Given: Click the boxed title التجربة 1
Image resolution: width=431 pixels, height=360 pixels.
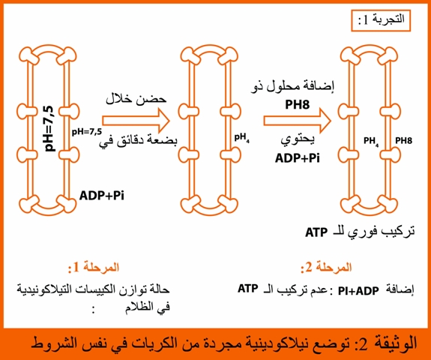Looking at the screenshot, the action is click(x=381, y=20).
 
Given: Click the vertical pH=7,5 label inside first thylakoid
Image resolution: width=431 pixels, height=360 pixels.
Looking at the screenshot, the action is click(x=49, y=129).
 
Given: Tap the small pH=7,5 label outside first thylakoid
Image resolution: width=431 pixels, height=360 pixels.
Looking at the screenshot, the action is click(x=87, y=132).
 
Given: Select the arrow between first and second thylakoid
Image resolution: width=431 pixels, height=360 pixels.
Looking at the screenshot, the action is click(x=136, y=121).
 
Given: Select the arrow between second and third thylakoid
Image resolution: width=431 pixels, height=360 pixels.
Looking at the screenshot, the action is click(x=297, y=121).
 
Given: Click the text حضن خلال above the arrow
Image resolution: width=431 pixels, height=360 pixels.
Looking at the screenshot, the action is click(x=136, y=99).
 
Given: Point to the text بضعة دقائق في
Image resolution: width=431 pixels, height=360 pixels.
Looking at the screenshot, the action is click(x=138, y=140).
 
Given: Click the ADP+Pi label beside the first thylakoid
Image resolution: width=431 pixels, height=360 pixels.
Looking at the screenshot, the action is click(x=102, y=196).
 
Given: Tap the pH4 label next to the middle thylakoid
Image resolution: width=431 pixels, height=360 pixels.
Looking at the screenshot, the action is click(x=242, y=138).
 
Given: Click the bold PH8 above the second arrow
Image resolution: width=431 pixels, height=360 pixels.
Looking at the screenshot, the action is click(x=297, y=104).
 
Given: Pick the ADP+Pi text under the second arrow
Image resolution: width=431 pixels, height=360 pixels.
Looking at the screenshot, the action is click(x=298, y=158).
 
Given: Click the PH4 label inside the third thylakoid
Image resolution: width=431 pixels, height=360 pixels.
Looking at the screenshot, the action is click(x=371, y=141).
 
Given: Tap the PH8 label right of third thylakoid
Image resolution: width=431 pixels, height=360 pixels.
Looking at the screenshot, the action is click(x=403, y=140).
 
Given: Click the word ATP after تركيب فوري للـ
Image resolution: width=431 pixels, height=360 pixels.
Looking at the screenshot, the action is click(x=316, y=232).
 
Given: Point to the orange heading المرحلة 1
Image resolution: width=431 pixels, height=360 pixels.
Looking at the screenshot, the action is click(x=94, y=268).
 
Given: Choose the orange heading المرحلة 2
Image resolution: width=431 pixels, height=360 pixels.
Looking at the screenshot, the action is click(x=326, y=268).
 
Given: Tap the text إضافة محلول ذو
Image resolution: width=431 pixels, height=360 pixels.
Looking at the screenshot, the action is click(x=292, y=87).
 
